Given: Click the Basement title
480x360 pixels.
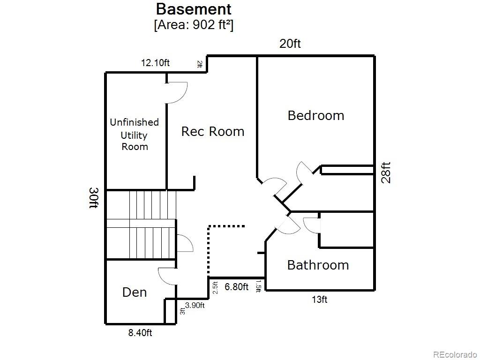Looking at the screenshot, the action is (194, 9).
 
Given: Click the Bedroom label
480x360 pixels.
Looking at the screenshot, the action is (316, 116).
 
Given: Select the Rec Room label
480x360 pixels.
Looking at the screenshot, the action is (213, 132).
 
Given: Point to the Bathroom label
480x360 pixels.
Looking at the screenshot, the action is (318, 265).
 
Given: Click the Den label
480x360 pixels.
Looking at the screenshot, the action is (135, 292).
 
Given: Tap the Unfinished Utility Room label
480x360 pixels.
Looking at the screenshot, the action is (135, 135).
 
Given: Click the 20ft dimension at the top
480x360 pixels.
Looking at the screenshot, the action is (290, 44).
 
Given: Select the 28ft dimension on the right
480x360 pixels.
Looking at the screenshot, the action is (386, 172).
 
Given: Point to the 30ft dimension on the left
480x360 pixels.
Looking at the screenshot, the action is (94, 198).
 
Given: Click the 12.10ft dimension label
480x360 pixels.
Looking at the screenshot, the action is (155, 63).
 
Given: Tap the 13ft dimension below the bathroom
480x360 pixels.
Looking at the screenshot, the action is (320, 300).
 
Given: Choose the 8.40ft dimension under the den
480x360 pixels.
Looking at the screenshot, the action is (140, 333).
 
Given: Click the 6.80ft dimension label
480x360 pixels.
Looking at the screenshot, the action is (236, 287).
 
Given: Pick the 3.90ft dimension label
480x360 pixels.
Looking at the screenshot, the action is (195, 305).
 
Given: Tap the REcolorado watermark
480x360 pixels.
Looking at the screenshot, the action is (455, 354).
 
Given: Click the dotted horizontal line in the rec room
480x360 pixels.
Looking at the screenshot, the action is (226, 226).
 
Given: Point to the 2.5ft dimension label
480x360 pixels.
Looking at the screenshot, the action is (216, 288).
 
